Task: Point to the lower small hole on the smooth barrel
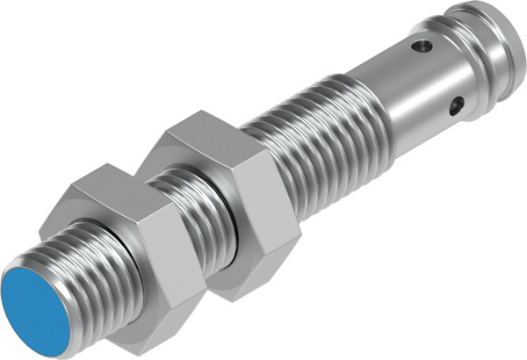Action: coord(455,107)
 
